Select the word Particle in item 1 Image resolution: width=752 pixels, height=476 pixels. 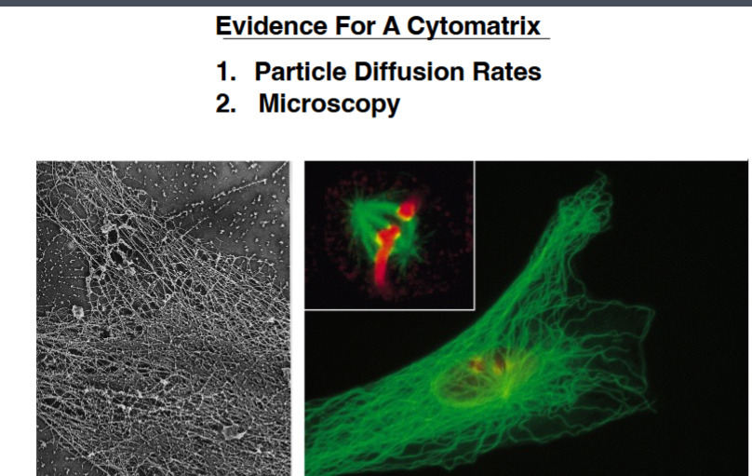point(299,73)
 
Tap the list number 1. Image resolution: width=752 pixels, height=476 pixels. point(224,73)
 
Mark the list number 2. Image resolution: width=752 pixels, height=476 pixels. point(225,103)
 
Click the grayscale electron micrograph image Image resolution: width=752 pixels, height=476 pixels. point(163,317)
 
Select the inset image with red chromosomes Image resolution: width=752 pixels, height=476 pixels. point(389,234)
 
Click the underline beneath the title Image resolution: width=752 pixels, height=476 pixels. point(383,39)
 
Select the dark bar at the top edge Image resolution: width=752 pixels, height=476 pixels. point(376,4)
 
